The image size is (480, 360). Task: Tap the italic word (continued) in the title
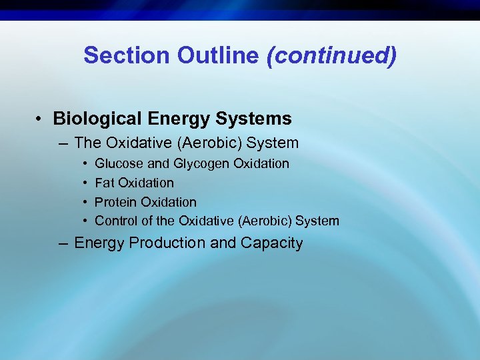point(331,55)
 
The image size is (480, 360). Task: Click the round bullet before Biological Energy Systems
point(41,119)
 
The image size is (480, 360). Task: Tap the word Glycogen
point(198,164)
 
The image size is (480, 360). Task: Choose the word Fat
point(105,183)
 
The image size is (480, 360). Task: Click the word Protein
point(116,202)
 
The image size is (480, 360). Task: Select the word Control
point(116,221)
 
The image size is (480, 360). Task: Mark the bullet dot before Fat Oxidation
point(87,183)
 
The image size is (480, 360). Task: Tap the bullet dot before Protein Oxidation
point(87,202)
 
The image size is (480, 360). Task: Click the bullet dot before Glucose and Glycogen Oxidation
point(87,164)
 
